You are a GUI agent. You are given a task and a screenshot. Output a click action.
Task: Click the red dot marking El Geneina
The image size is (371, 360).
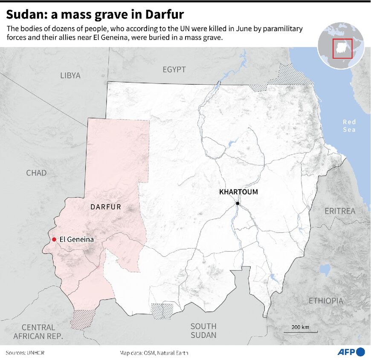[x=54, y=239]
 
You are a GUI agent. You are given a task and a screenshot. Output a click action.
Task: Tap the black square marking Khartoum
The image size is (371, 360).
[x=238, y=203]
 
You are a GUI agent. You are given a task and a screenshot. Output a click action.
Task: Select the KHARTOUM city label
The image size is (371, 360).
[x=238, y=192]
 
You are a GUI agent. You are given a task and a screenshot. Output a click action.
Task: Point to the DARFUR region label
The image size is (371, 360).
[x=106, y=207]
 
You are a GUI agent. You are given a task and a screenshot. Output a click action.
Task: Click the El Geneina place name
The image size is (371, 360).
[x=77, y=239]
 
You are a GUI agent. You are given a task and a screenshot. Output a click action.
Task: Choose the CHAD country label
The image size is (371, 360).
[x=36, y=173]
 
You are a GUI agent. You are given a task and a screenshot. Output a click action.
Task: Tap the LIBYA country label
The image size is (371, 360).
[x=70, y=75]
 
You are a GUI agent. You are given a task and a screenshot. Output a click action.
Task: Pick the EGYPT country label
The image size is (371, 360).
[x=174, y=69]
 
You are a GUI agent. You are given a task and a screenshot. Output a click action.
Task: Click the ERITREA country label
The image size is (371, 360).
[x=340, y=211]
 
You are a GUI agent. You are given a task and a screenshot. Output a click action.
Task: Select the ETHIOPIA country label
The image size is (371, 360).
[x=326, y=301]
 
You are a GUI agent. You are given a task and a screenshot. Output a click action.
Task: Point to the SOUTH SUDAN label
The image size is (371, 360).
[x=203, y=330]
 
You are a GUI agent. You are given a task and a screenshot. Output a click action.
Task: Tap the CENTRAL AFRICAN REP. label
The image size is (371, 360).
[x=38, y=332]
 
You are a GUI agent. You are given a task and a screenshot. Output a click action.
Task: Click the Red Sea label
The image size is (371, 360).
[x=349, y=126]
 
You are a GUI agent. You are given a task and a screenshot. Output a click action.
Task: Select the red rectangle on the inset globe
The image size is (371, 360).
[x=342, y=49]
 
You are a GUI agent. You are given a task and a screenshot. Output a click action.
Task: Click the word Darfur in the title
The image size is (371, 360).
[x=162, y=14]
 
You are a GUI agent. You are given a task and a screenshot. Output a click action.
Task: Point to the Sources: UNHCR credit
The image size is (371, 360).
[x=25, y=353]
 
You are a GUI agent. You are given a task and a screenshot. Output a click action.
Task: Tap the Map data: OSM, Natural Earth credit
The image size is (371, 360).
[x=154, y=353]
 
